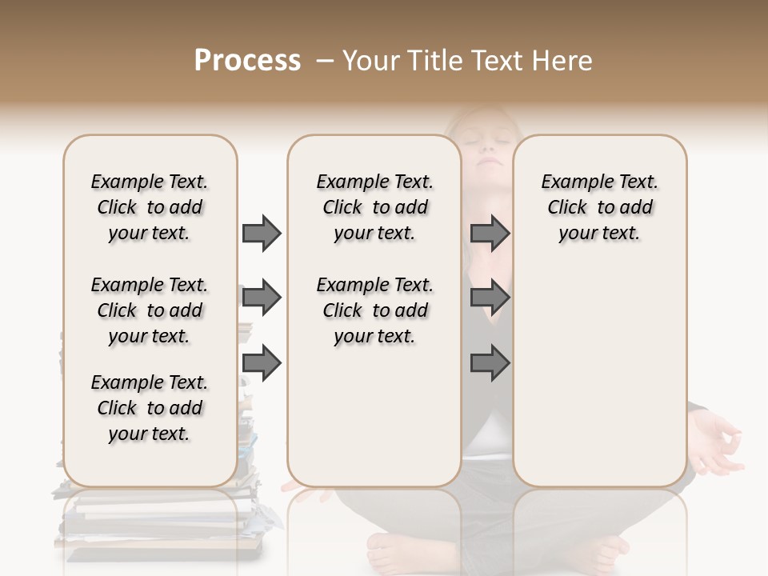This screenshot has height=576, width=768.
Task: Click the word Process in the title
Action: [x=247, y=61]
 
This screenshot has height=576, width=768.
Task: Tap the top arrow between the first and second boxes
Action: [x=262, y=233]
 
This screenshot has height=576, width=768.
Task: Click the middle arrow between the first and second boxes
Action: [x=262, y=298]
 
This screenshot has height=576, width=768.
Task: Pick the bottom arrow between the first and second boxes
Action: [x=262, y=363]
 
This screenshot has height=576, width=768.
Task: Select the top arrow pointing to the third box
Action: [x=490, y=233]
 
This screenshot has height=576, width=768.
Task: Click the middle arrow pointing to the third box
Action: [x=490, y=298]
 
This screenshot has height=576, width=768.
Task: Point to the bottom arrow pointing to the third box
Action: [x=490, y=363]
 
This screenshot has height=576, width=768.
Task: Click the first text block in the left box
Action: [x=150, y=207]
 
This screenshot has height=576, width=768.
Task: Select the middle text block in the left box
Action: [x=150, y=310]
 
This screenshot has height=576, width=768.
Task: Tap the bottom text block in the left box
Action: [x=150, y=408]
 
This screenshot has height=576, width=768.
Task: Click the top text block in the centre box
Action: [x=374, y=207]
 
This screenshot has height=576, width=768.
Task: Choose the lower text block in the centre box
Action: [x=374, y=310]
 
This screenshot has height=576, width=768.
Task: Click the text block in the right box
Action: [x=599, y=207]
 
